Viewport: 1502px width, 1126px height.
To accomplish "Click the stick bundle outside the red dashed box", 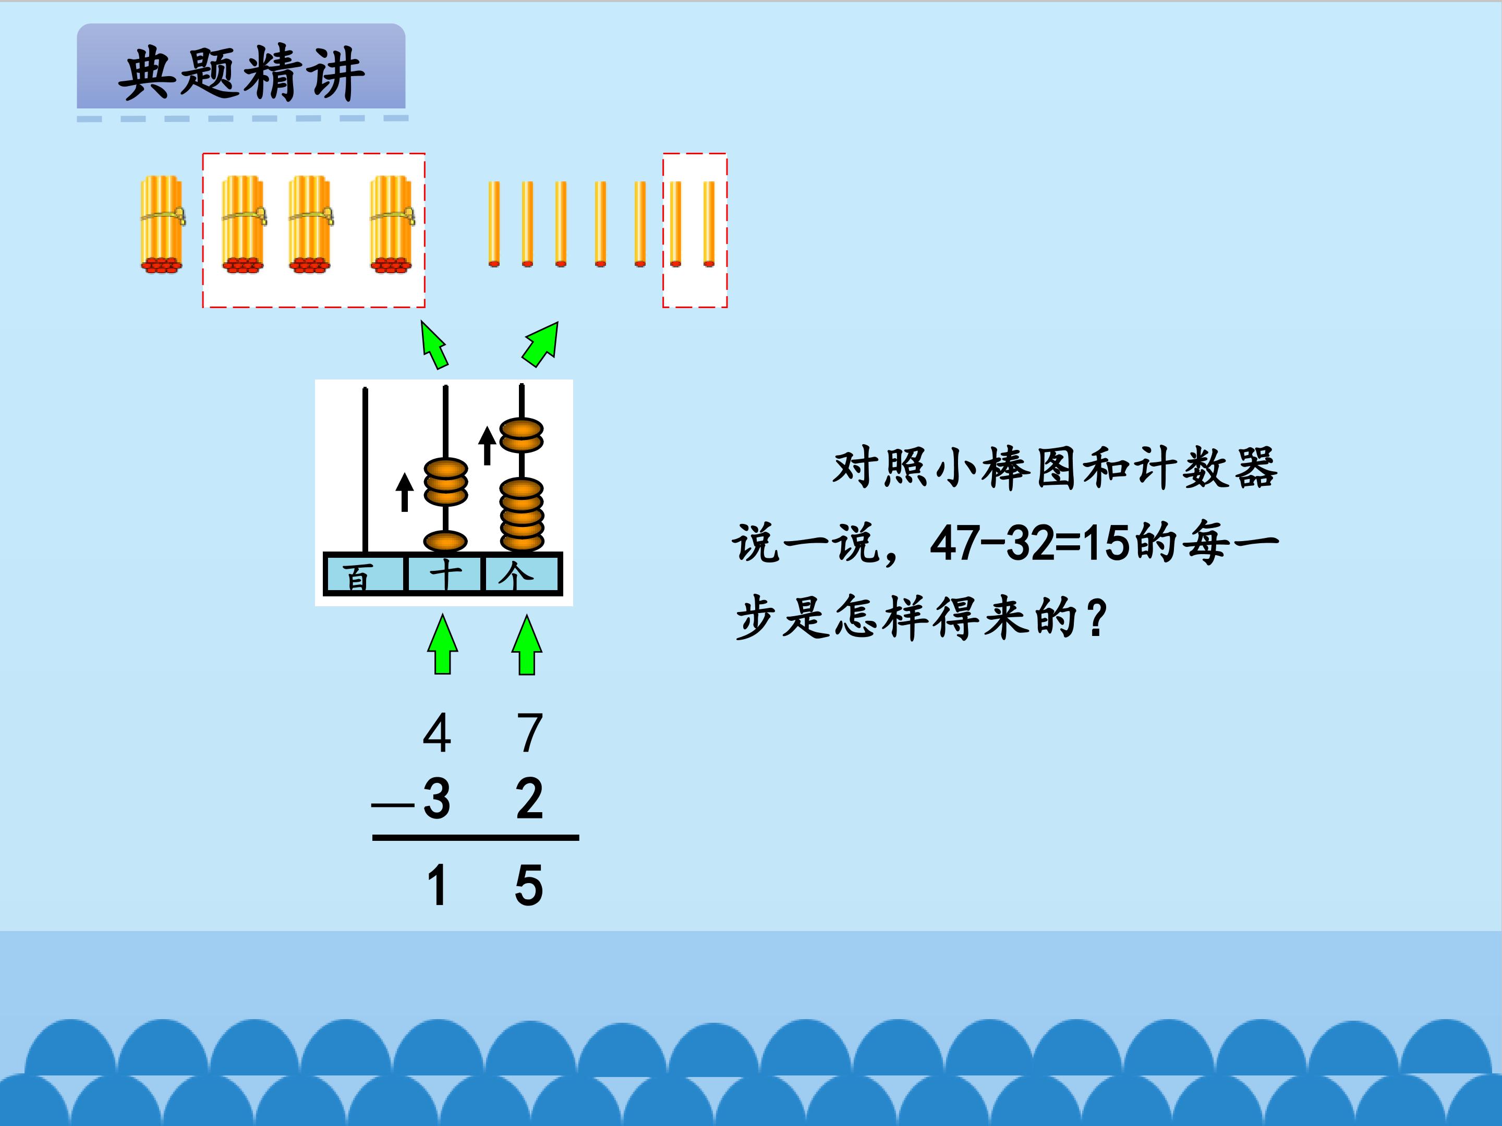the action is click(x=162, y=224).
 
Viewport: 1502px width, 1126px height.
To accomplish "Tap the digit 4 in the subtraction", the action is click(x=437, y=733).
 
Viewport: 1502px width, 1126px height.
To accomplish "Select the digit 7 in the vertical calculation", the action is click(x=530, y=733).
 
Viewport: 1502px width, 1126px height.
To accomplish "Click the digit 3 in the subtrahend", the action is click(x=437, y=799).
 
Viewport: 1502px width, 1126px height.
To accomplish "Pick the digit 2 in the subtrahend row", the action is click(x=530, y=799).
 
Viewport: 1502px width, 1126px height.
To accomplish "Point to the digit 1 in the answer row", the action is click(x=437, y=885).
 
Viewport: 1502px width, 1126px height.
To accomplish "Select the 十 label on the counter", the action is click(x=445, y=576).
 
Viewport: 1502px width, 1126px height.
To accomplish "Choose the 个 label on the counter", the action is click(x=516, y=576).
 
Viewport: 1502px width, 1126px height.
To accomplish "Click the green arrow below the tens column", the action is click(x=442, y=645).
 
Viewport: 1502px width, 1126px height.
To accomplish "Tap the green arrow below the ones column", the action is click(x=527, y=645).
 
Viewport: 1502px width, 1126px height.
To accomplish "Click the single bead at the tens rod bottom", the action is click(x=445, y=541).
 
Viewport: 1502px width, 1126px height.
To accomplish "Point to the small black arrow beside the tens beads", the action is click(x=405, y=492).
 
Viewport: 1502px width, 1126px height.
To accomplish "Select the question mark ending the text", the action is click(x=1096, y=618).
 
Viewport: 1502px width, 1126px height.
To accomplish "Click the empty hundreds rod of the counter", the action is click(x=365, y=470).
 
